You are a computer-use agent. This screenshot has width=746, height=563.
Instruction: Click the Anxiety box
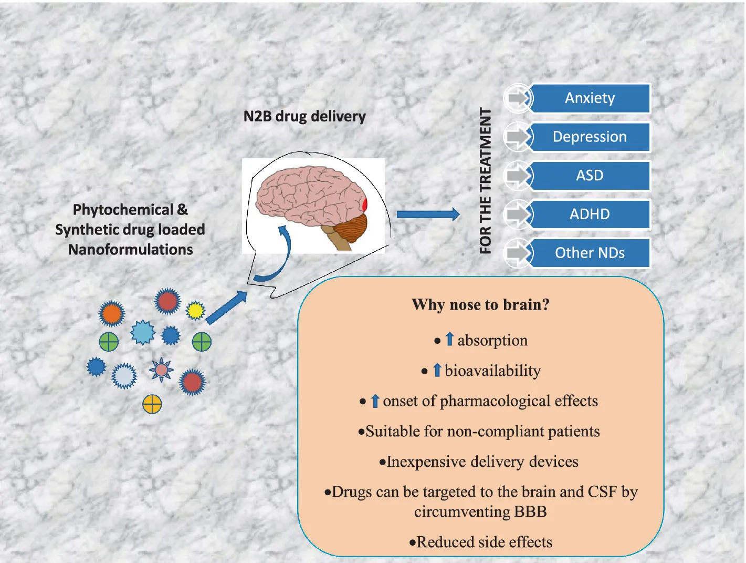click(590, 98)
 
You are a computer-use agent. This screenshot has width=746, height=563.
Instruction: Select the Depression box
click(590, 137)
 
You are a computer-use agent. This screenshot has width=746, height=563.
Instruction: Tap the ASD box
click(590, 176)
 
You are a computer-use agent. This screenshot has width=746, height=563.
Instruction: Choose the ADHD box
click(590, 214)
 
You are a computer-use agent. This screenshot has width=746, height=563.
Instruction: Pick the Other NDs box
click(590, 253)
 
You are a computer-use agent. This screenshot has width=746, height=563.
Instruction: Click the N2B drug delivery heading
click(304, 117)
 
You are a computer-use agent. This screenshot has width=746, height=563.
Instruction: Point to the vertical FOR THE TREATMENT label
click(486, 181)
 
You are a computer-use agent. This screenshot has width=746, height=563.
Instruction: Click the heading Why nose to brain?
click(480, 305)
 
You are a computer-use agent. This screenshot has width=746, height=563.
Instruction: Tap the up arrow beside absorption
click(449, 340)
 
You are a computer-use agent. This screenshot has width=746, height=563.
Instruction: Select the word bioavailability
click(492, 371)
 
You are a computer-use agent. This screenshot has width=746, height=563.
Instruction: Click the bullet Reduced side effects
click(480, 542)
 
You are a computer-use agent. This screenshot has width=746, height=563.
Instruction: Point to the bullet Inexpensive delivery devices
click(479, 462)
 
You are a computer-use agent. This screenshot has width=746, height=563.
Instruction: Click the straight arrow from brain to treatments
click(428, 214)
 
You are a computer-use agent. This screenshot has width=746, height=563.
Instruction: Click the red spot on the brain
click(365, 204)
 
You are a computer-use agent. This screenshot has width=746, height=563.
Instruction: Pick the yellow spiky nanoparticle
click(195, 311)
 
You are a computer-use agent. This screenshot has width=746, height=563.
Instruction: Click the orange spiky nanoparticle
click(111, 314)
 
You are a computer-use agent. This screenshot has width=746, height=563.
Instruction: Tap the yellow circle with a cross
click(152, 404)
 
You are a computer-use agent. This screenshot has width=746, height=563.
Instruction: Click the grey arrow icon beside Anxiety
click(518, 98)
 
